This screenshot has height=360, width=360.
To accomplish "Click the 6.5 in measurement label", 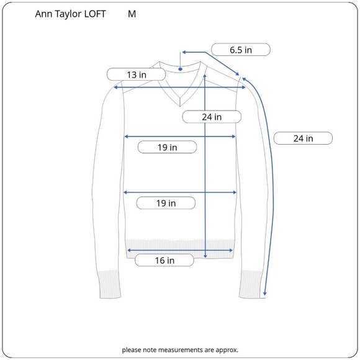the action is pos(241,50).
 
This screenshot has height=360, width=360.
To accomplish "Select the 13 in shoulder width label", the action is pos(137,74).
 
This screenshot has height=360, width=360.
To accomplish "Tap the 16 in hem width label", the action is pos(164,260).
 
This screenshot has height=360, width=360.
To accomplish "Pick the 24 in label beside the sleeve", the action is pos(303,138).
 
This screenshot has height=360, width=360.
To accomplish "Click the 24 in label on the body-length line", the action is pos(212,117).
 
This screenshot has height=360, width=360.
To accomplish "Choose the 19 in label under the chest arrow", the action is pos(167,147).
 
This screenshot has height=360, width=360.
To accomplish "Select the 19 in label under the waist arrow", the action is pos(166,203).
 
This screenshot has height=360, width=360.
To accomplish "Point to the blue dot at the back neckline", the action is pos(180,69).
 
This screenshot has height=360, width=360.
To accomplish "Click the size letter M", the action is pos(132,14).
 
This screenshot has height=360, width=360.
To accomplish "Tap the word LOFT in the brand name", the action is pos(95,14).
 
